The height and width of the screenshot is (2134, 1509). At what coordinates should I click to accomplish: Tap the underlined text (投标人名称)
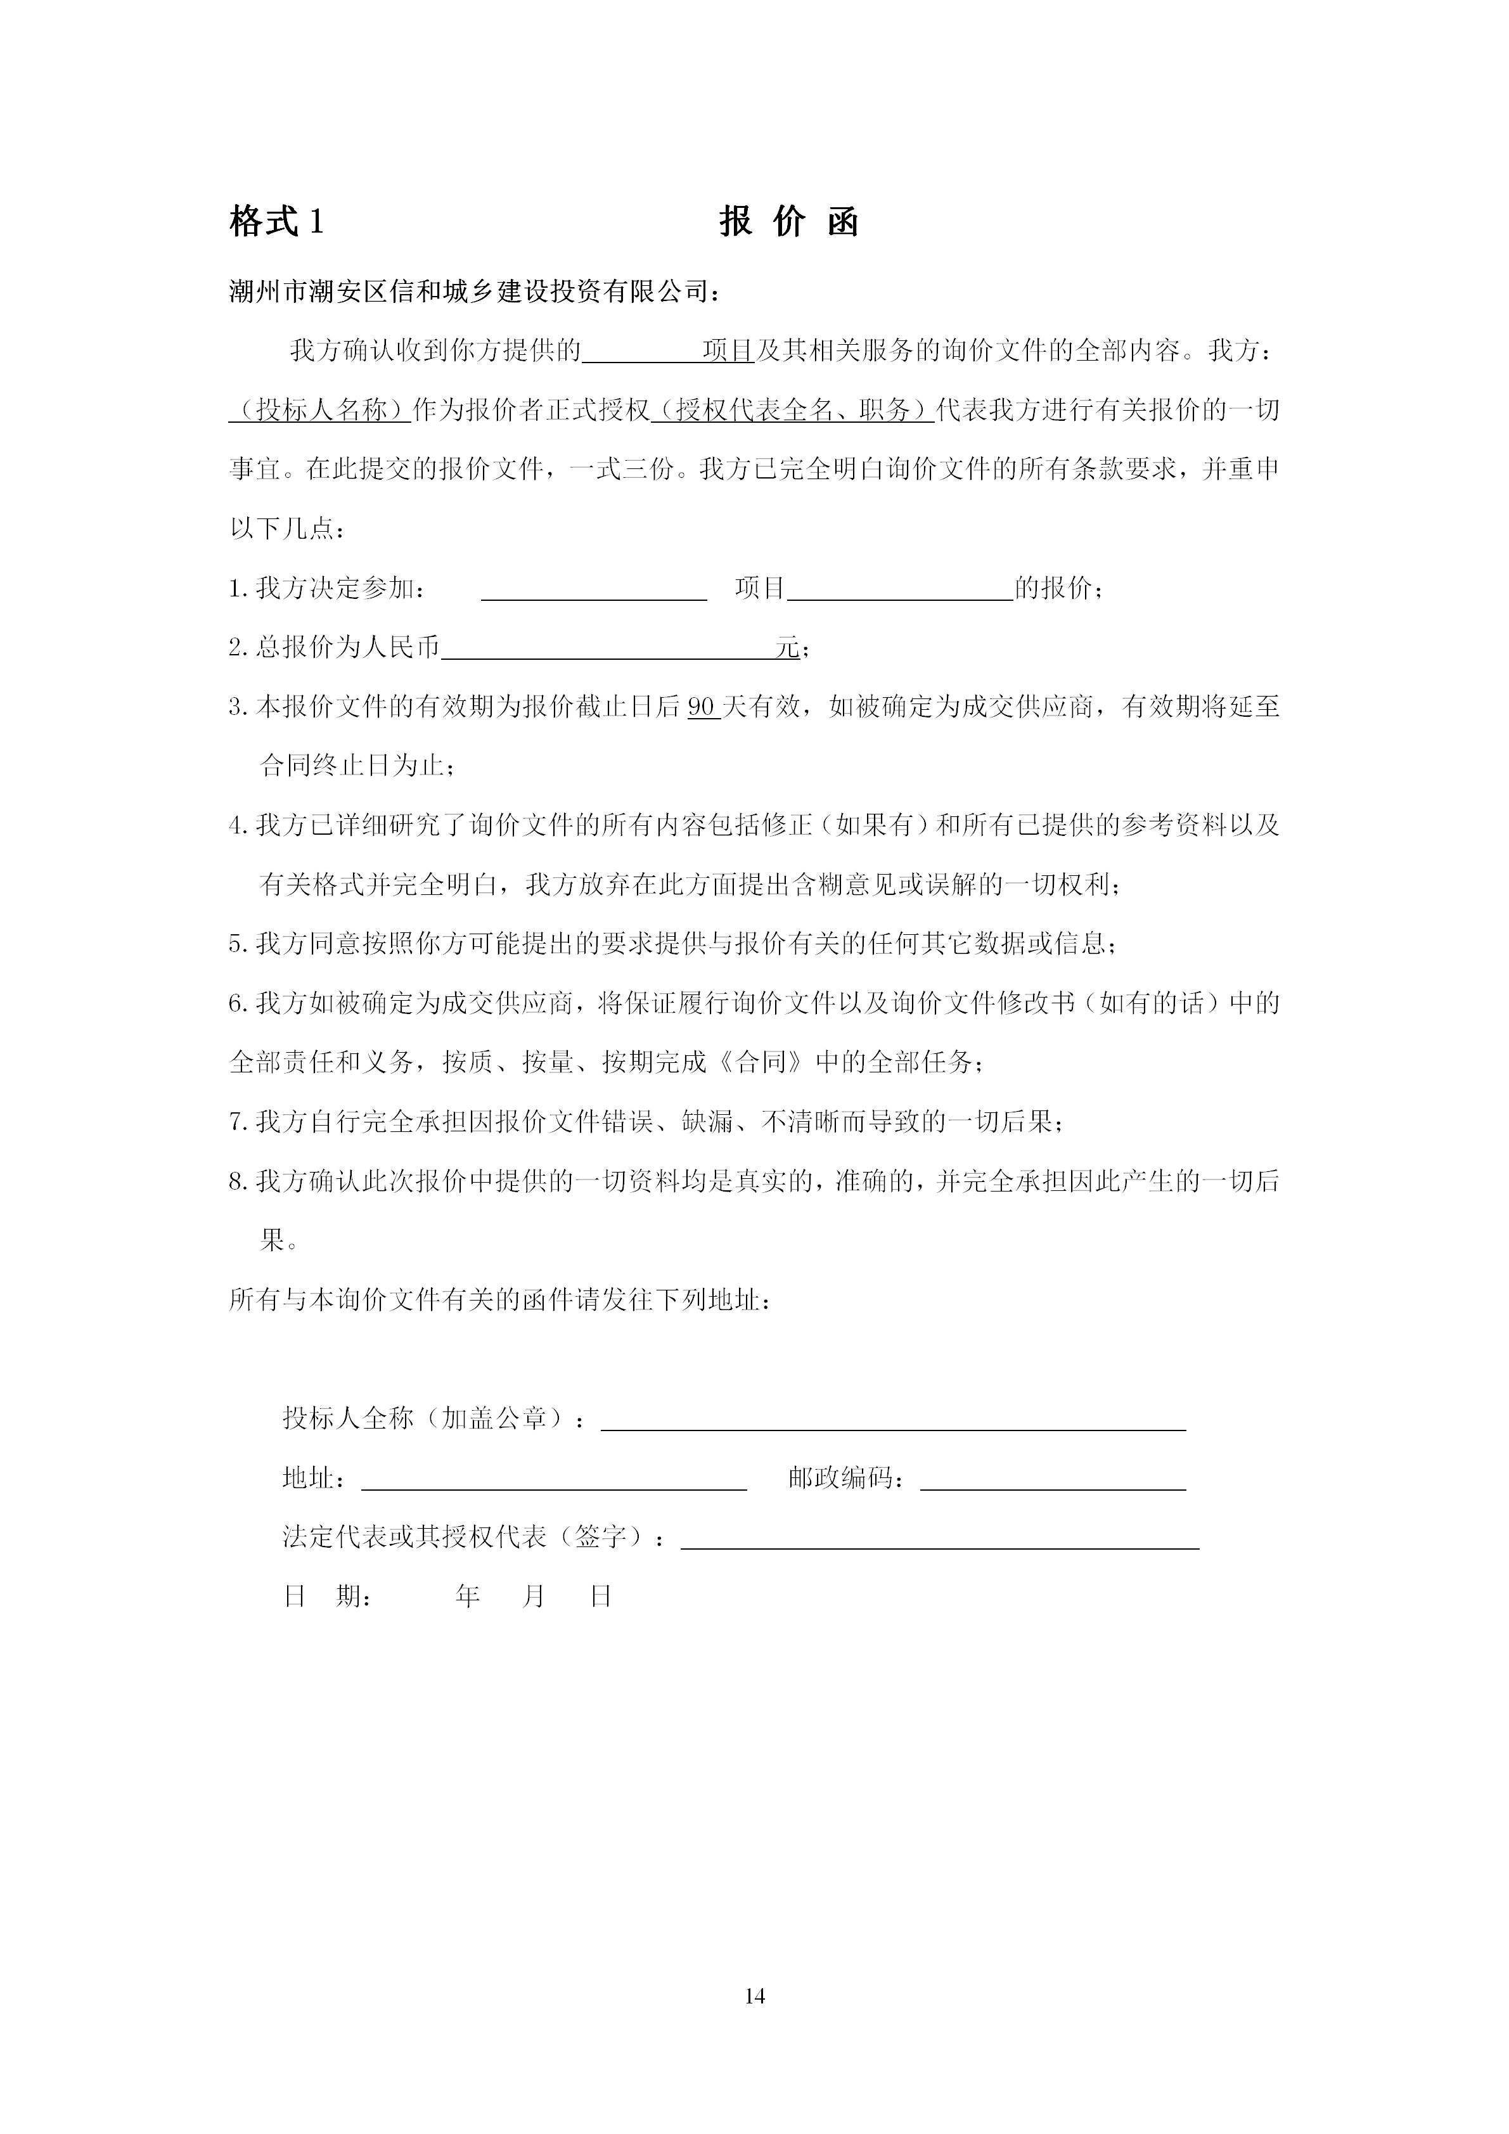pyautogui.click(x=319, y=410)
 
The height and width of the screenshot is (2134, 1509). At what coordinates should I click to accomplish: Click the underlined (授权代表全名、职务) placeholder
pyautogui.click(x=793, y=410)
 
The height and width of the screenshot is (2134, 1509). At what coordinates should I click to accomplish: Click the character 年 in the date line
pyautogui.click(x=467, y=1622)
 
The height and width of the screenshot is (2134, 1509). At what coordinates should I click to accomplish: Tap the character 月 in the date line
pyautogui.click(x=534, y=1622)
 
